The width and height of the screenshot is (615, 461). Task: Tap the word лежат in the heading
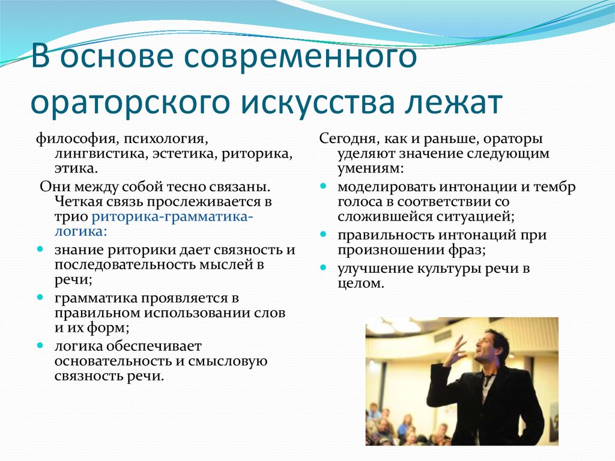click(x=454, y=102)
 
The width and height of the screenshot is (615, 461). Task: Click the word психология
click(x=165, y=139)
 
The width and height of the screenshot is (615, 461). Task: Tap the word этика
click(x=75, y=169)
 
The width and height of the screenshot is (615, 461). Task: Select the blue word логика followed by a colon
click(x=80, y=231)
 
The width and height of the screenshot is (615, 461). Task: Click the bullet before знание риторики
click(x=40, y=249)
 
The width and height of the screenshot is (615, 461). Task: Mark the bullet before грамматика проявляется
click(x=40, y=298)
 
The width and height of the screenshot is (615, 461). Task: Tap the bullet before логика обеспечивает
click(x=40, y=346)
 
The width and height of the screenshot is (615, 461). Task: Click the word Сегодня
click(x=348, y=139)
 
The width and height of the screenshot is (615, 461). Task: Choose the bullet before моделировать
click(x=323, y=186)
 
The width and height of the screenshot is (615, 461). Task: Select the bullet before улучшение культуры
click(x=323, y=268)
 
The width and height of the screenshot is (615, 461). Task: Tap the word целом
click(x=360, y=284)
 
